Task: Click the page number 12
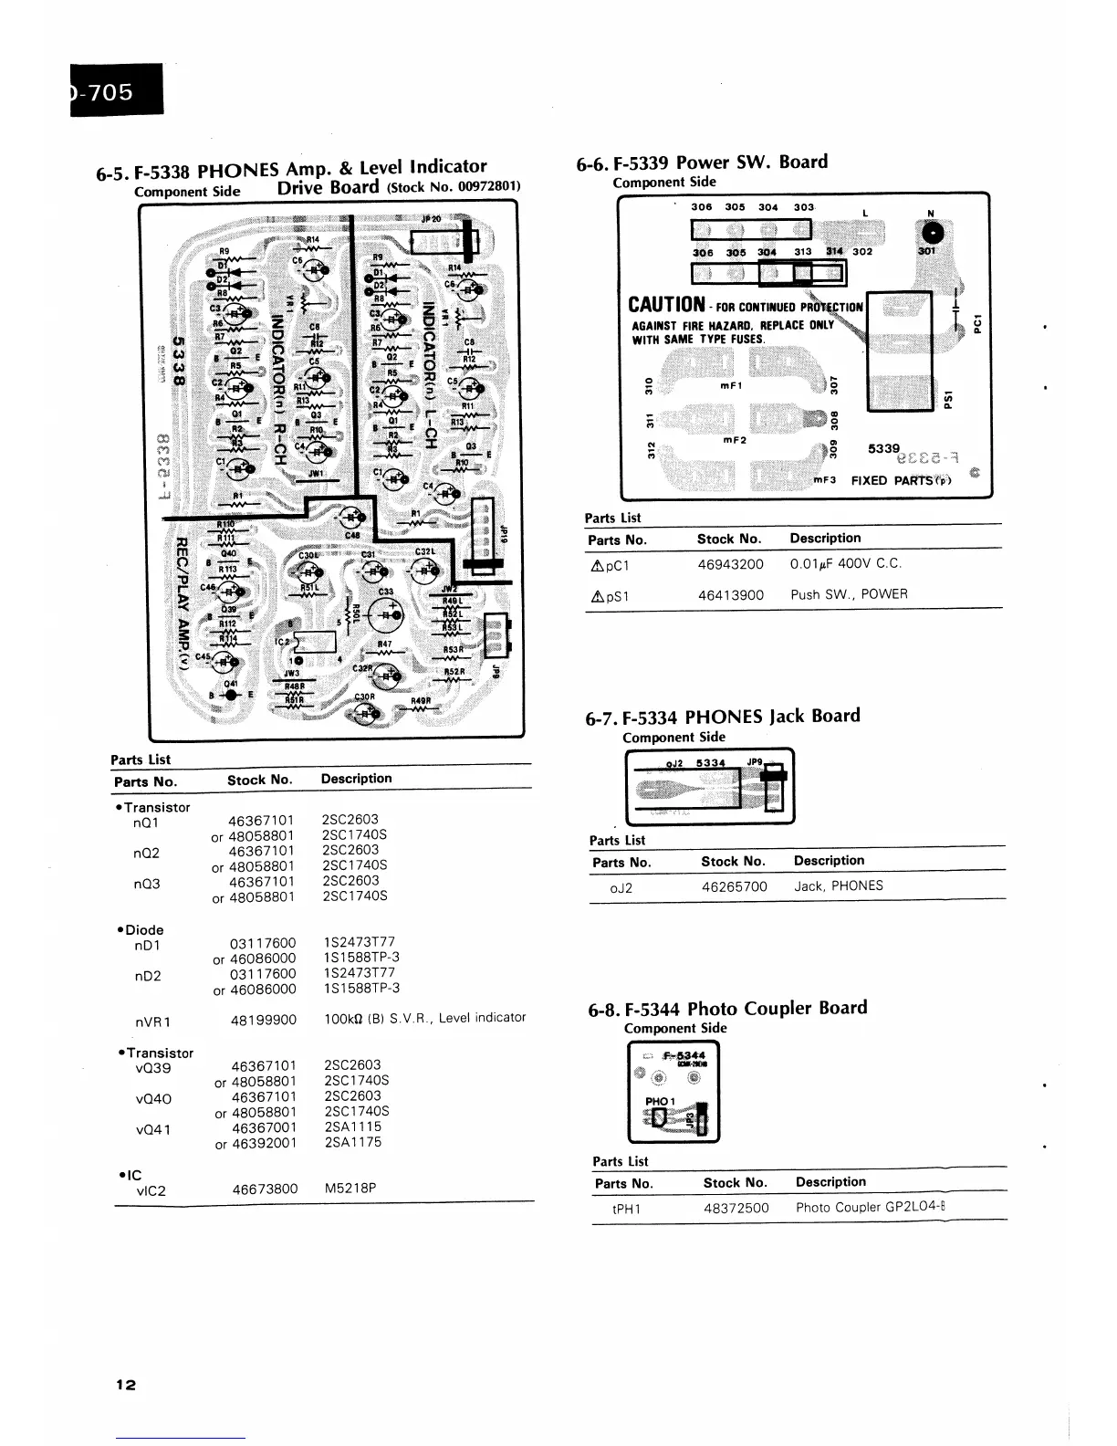(126, 1385)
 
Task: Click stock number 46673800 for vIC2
(265, 1189)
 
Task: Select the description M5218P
(350, 1189)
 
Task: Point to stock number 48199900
(264, 1019)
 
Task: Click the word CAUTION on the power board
(667, 305)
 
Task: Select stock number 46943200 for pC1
(730, 564)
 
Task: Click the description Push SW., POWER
(849, 594)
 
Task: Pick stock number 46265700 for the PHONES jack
(734, 886)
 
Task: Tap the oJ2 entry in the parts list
(621, 887)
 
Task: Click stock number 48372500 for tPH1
(736, 1208)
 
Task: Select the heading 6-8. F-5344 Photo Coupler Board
(727, 1009)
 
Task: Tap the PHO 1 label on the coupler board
(659, 1101)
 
